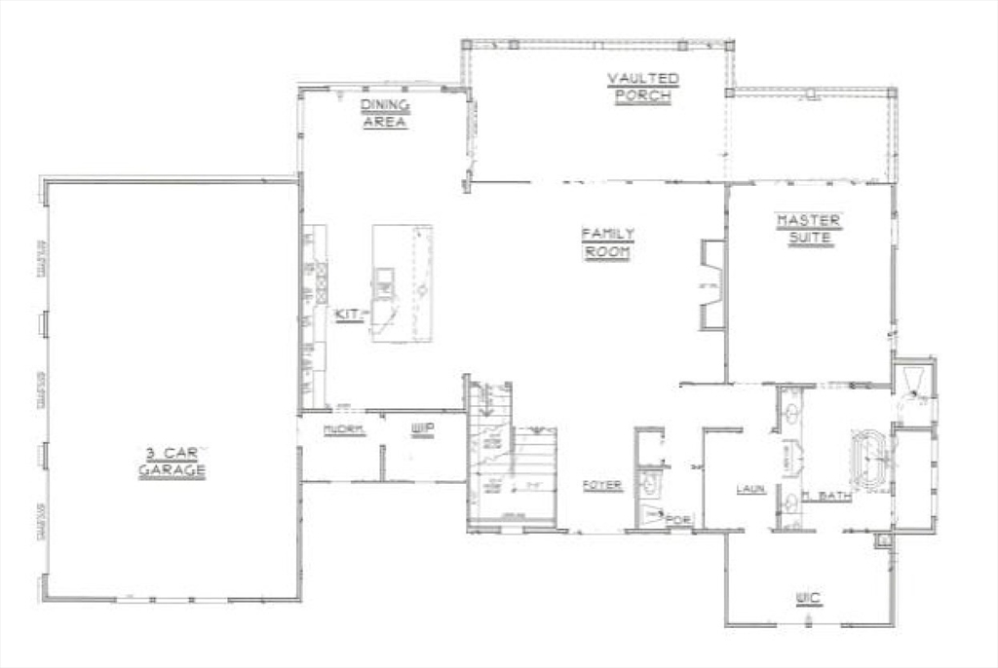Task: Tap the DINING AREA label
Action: click(x=384, y=114)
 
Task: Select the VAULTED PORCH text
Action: click(x=643, y=88)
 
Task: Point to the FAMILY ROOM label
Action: click(x=608, y=242)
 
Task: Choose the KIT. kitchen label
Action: click(x=347, y=314)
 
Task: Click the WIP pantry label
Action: click(x=421, y=428)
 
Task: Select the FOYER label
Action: click(x=602, y=485)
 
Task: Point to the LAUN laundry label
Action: click(x=749, y=489)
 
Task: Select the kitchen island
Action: click(x=403, y=282)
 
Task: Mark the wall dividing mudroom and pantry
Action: click(x=382, y=463)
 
